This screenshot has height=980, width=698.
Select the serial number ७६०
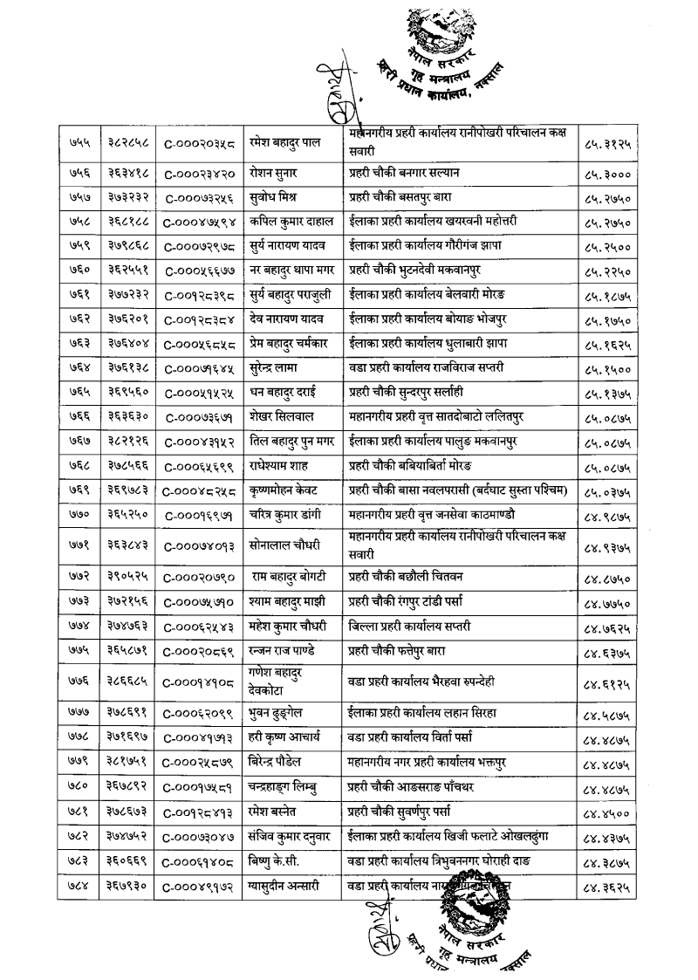(x=70, y=247)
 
